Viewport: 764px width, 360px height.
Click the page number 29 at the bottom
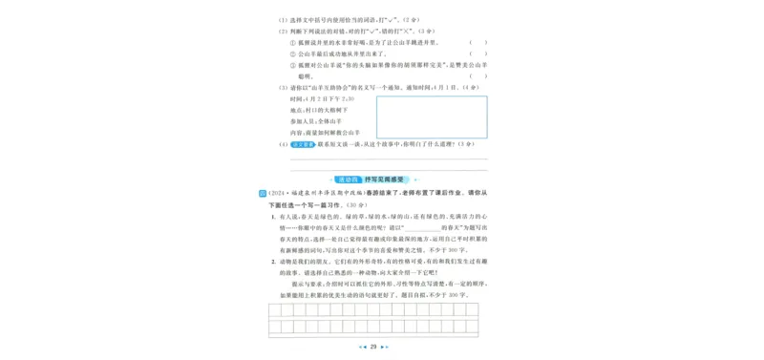click(x=374, y=347)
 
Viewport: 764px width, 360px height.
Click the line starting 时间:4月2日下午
click(x=322, y=99)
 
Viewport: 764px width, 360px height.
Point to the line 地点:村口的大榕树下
click(x=320, y=111)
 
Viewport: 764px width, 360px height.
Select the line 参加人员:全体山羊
click(x=318, y=122)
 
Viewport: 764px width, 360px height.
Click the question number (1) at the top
click(x=283, y=19)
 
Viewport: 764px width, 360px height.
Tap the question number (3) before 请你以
click(x=283, y=88)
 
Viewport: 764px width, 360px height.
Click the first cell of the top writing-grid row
click(x=274, y=311)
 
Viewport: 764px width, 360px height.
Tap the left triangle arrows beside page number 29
click(x=361, y=347)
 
